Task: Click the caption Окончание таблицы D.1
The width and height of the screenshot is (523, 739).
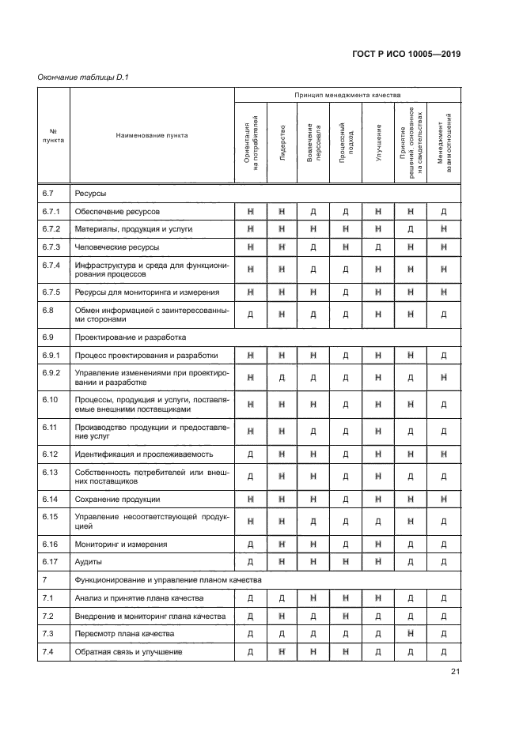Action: (83, 77)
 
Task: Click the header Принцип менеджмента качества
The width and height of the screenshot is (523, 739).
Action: (347, 95)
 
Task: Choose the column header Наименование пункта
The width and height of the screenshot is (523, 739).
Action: (152, 135)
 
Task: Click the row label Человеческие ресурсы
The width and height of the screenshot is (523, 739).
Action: (117, 247)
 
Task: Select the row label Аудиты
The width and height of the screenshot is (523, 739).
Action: (89, 562)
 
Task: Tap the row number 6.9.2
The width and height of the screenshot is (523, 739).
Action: (51, 372)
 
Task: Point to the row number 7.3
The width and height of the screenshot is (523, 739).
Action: (47, 634)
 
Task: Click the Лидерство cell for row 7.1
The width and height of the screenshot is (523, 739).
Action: (282, 598)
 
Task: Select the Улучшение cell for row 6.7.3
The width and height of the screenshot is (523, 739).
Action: (379, 247)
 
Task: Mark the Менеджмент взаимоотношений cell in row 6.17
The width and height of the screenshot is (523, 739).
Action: (444, 562)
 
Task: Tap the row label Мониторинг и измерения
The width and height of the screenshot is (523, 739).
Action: (119, 545)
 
